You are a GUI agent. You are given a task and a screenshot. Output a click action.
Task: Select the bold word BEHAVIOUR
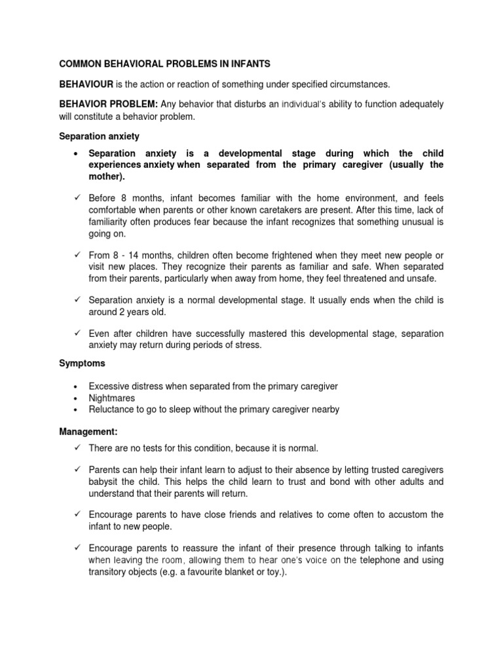86,85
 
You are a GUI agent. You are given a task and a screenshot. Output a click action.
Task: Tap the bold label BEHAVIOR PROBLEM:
108,104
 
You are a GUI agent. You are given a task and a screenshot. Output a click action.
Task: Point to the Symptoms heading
82,362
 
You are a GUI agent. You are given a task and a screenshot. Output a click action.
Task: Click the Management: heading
88,432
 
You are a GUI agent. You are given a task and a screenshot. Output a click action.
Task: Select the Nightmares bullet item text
112,398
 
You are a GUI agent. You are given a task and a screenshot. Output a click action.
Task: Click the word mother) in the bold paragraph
106,176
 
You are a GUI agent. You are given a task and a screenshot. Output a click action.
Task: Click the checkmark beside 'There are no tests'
77,448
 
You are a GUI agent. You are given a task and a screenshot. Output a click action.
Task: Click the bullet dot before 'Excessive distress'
77,387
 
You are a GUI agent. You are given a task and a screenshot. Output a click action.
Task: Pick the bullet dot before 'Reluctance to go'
77,410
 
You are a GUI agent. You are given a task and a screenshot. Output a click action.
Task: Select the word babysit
106,482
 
